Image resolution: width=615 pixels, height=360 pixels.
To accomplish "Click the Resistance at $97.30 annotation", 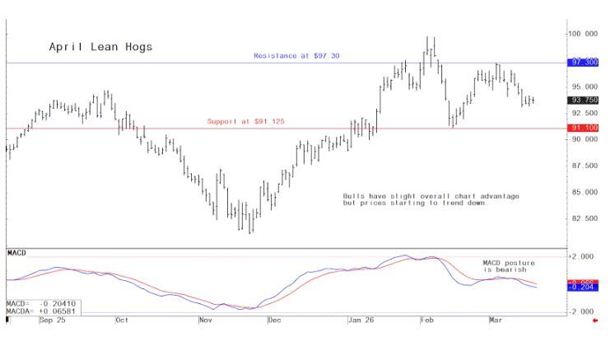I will pos(296,55).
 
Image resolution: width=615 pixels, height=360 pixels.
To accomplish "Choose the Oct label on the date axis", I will pos(122,319).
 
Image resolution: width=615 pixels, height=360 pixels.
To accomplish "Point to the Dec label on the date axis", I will pos(274,319).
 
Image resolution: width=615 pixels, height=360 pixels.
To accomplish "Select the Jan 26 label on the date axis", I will pos(360,319).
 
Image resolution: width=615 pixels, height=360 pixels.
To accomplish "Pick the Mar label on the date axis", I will pos(496,319).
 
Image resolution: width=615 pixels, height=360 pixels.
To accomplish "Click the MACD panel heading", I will pos(16,250).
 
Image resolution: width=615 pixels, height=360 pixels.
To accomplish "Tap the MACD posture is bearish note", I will pos(504,266).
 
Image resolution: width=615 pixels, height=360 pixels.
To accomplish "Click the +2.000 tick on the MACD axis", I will pos(581,257).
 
